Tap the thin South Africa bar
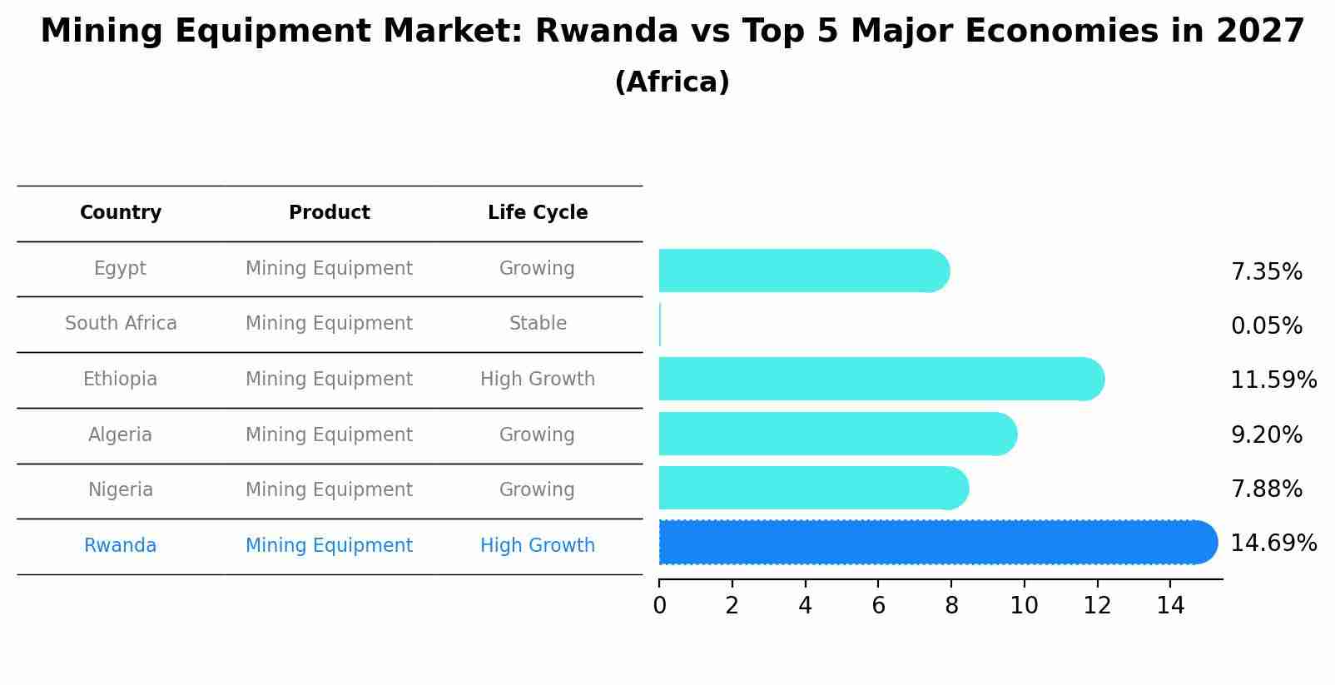pyautogui.click(x=660, y=325)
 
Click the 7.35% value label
pyautogui.click(x=1266, y=272)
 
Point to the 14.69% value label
pyautogui.click(x=1273, y=544)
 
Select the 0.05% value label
pyautogui.click(x=1266, y=326)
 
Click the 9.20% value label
pyautogui.click(x=1266, y=435)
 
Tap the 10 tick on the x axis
pyautogui.click(x=1024, y=606)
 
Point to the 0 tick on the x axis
pyautogui.click(x=659, y=606)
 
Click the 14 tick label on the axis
pyautogui.click(x=1170, y=606)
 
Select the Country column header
pyautogui.click(x=121, y=213)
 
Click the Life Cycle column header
pyautogui.click(x=538, y=213)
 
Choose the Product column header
pyautogui.click(x=329, y=213)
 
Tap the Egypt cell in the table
pyautogui.click(x=120, y=269)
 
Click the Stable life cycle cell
pyautogui.click(x=538, y=324)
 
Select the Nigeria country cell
pyautogui.click(x=121, y=490)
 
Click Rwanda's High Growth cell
pyautogui.click(x=538, y=546)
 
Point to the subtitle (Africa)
pyautogui.click(x=672, y=82)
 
